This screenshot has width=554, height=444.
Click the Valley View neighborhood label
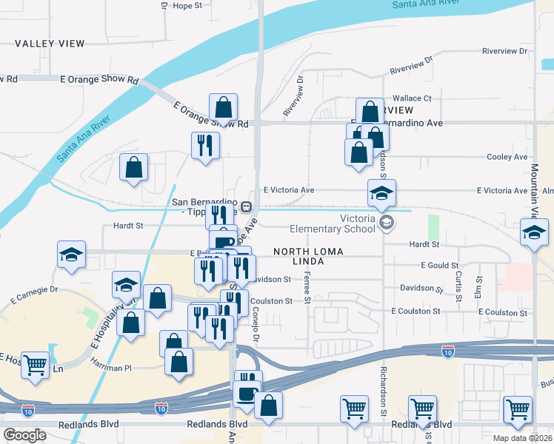[x=50, y=44]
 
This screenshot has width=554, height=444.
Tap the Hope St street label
[x=187, y=6]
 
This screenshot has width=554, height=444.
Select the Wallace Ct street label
[x=412, y=98]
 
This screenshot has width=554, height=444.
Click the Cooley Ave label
[x=507, y=157]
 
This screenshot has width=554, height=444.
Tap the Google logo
[x=25, y=435]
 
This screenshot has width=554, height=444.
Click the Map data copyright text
[x=521, y=438]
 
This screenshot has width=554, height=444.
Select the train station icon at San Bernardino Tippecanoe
[x=244, y=206]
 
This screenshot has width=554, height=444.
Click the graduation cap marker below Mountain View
[x=533, y=233]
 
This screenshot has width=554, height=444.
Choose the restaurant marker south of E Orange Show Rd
[x=205, y=144]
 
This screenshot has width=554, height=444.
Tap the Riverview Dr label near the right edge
[x=504, y=51]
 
